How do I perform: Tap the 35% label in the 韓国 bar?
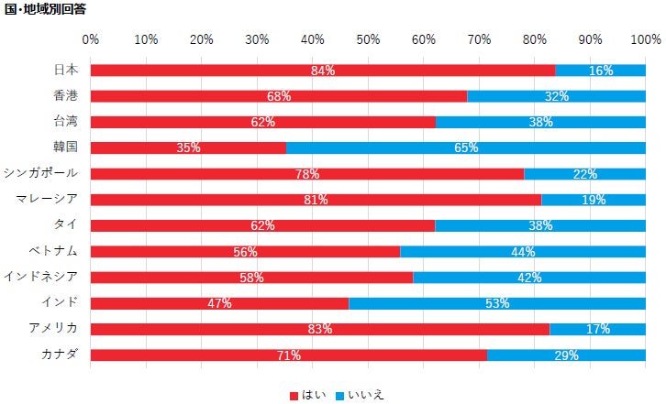coord(188,147)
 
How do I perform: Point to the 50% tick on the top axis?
coord(368,39)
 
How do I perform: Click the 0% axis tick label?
coord(91,39)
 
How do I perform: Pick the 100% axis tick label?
coord(645,39)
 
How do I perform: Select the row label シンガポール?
coord(41,173)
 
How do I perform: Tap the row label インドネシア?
coord(41,276)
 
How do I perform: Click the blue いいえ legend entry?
coord(359,395)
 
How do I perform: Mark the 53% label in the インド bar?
coord(497,303)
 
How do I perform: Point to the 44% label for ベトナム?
coord(523,252)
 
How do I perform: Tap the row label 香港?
coord(65,96)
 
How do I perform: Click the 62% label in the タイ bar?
coord(262,225)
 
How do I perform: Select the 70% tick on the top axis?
coord(479,39)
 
